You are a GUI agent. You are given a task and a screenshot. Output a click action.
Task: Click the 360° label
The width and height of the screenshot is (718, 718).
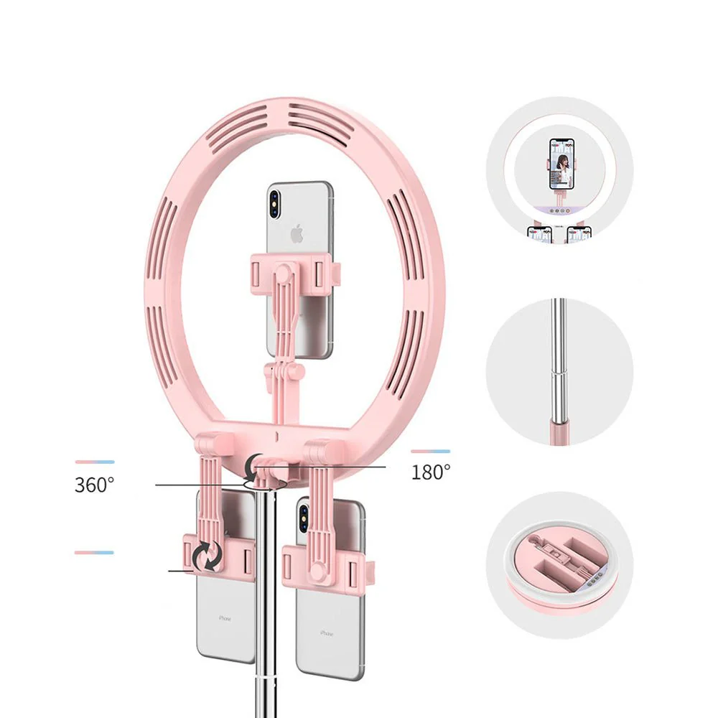94,485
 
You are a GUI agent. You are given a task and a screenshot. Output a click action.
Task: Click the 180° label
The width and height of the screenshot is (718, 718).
431,472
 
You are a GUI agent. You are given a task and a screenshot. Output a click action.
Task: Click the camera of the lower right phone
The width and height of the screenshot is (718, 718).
304,515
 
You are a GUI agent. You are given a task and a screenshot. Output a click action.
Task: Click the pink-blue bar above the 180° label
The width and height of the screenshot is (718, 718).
431,452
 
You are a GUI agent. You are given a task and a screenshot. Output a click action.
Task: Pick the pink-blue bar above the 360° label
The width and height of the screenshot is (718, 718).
94,462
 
